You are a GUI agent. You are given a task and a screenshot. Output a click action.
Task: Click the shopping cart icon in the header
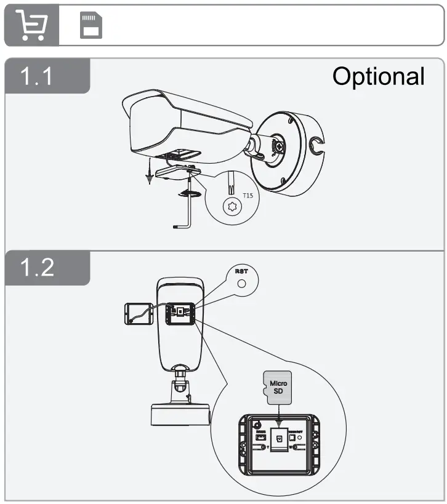[31, 26]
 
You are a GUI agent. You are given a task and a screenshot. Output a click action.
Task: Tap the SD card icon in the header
[90, 26]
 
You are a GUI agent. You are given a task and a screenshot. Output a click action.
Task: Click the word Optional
[378, 76]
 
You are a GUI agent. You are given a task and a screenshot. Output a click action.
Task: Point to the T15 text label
[248, 196]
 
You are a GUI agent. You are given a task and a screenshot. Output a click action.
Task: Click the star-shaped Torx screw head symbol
[233, 206]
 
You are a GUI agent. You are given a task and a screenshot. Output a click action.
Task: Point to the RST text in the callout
[241, 271]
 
